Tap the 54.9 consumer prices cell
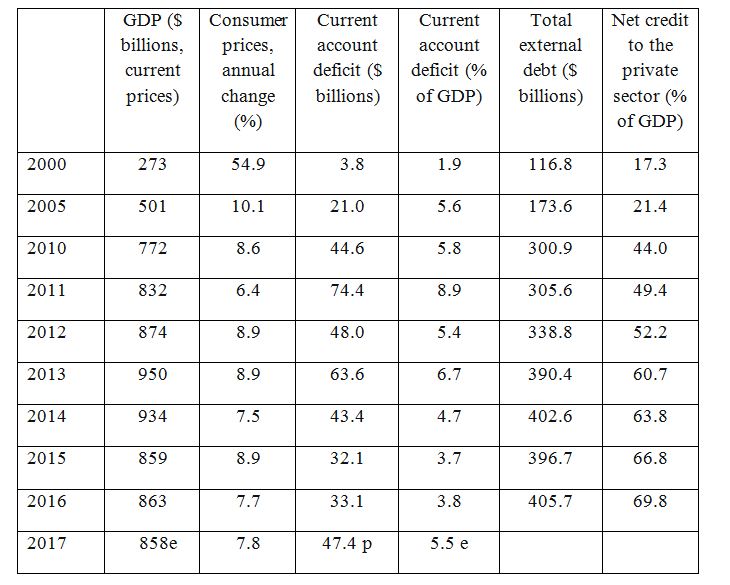pyautogui.click(x=248, y=164)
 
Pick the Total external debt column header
pyautogui.click(x=551, y=58)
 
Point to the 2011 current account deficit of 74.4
pyautogui.click(x=347, y=290)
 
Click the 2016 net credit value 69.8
pyautogui.click(x=650, y=501)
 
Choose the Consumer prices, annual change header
pyautogui.click(x=248, y=71)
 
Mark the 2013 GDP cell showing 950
pyautogui.click(x=153, y=374)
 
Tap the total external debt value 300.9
pyautogui.click(x=551, y=248)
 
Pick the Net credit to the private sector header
pyautogui.click(x=650, y=71)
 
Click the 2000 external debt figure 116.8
pyautogui.click(x=551, y=164)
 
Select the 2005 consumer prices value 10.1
pyautogui.click(x=248, y=206)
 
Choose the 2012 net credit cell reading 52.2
pyautogui.click(x=650, y=332)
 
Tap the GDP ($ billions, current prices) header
pyautogui.click(x=153, y=58)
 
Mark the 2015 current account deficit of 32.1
pyautogui.click(x=347, y=458)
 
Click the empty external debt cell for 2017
pyautogui.click(x=551, y=550)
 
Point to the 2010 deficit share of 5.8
pyautogui.click(x=449, y=248)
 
